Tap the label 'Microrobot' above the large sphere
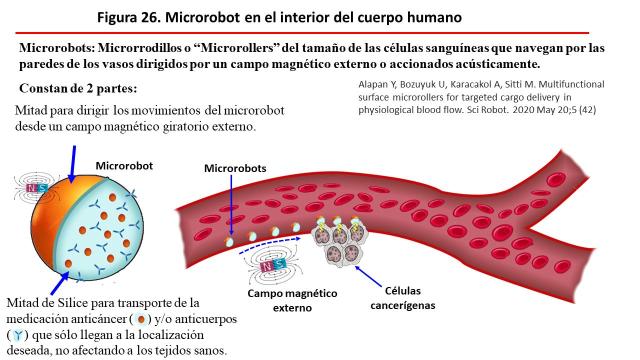pos(124,165)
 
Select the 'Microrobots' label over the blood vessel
pos(235,168)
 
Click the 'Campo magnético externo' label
pos(292,300)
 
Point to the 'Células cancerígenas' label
pos(402,297)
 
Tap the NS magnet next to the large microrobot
pos(37,188)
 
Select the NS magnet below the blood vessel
pos(273,265)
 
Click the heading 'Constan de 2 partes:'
pos(78,88)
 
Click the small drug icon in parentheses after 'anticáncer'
pos(141,319)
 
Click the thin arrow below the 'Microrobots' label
pos(231,205)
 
